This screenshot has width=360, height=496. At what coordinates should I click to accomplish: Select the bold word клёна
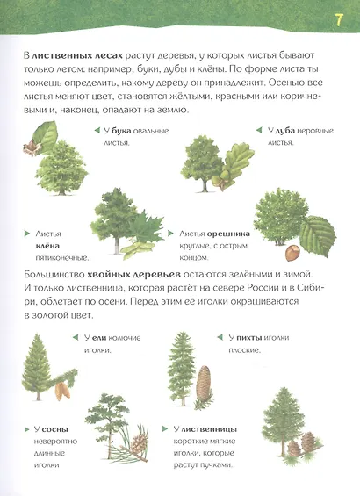47,247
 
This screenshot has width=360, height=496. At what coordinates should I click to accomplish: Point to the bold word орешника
228,234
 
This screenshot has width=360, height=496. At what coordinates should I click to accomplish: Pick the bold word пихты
259,337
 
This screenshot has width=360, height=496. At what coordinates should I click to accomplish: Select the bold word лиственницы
206,428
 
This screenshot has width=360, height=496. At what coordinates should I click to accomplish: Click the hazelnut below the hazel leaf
292,253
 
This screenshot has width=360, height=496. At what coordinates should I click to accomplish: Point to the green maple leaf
144,230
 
